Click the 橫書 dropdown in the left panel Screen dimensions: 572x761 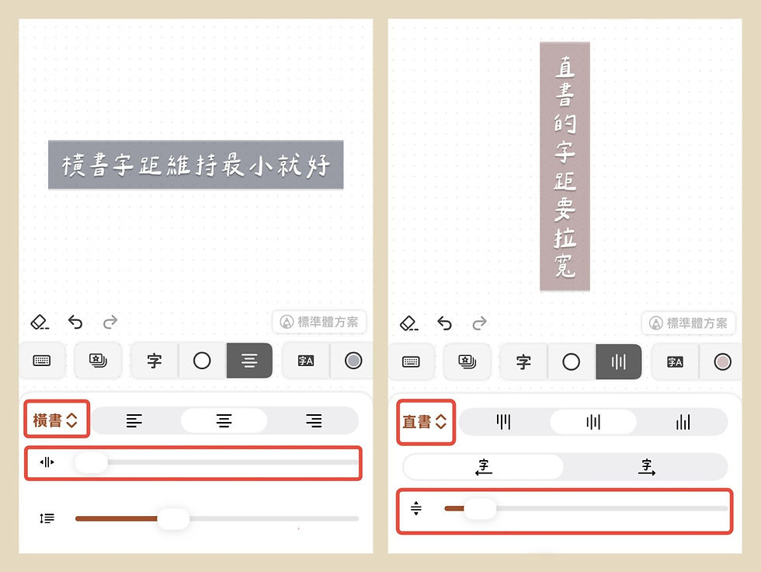(x=56, y=420)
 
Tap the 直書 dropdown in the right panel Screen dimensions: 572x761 (x=425, y=422)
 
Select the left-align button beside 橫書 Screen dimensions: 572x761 (x=134, y=421)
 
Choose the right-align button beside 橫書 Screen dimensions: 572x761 (x=314, y=421)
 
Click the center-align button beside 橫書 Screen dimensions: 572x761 (x=224, y=421)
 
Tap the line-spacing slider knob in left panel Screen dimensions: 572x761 (x=173, y=518)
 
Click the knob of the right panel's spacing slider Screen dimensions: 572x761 (x=480, y=509)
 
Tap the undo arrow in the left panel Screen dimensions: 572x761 (x=75, y=322)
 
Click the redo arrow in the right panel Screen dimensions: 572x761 (x=480, y=323)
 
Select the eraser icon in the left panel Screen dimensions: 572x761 (x=40, y=322)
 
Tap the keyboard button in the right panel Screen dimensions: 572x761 (x=412, y=361)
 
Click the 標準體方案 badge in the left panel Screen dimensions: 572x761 (x=319, y=322)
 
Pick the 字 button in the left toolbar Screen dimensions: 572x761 (x=155, y=361)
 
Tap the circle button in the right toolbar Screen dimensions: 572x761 (x=571, y=361)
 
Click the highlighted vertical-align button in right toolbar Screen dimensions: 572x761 (x=618, y=361)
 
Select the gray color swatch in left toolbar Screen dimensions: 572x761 (x=353, y=361)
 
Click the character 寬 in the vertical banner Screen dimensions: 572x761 (x=565, y=267)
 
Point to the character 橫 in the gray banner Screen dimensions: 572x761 (x=75, y=165)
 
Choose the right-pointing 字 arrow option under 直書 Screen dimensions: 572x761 (x=645, y=466)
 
